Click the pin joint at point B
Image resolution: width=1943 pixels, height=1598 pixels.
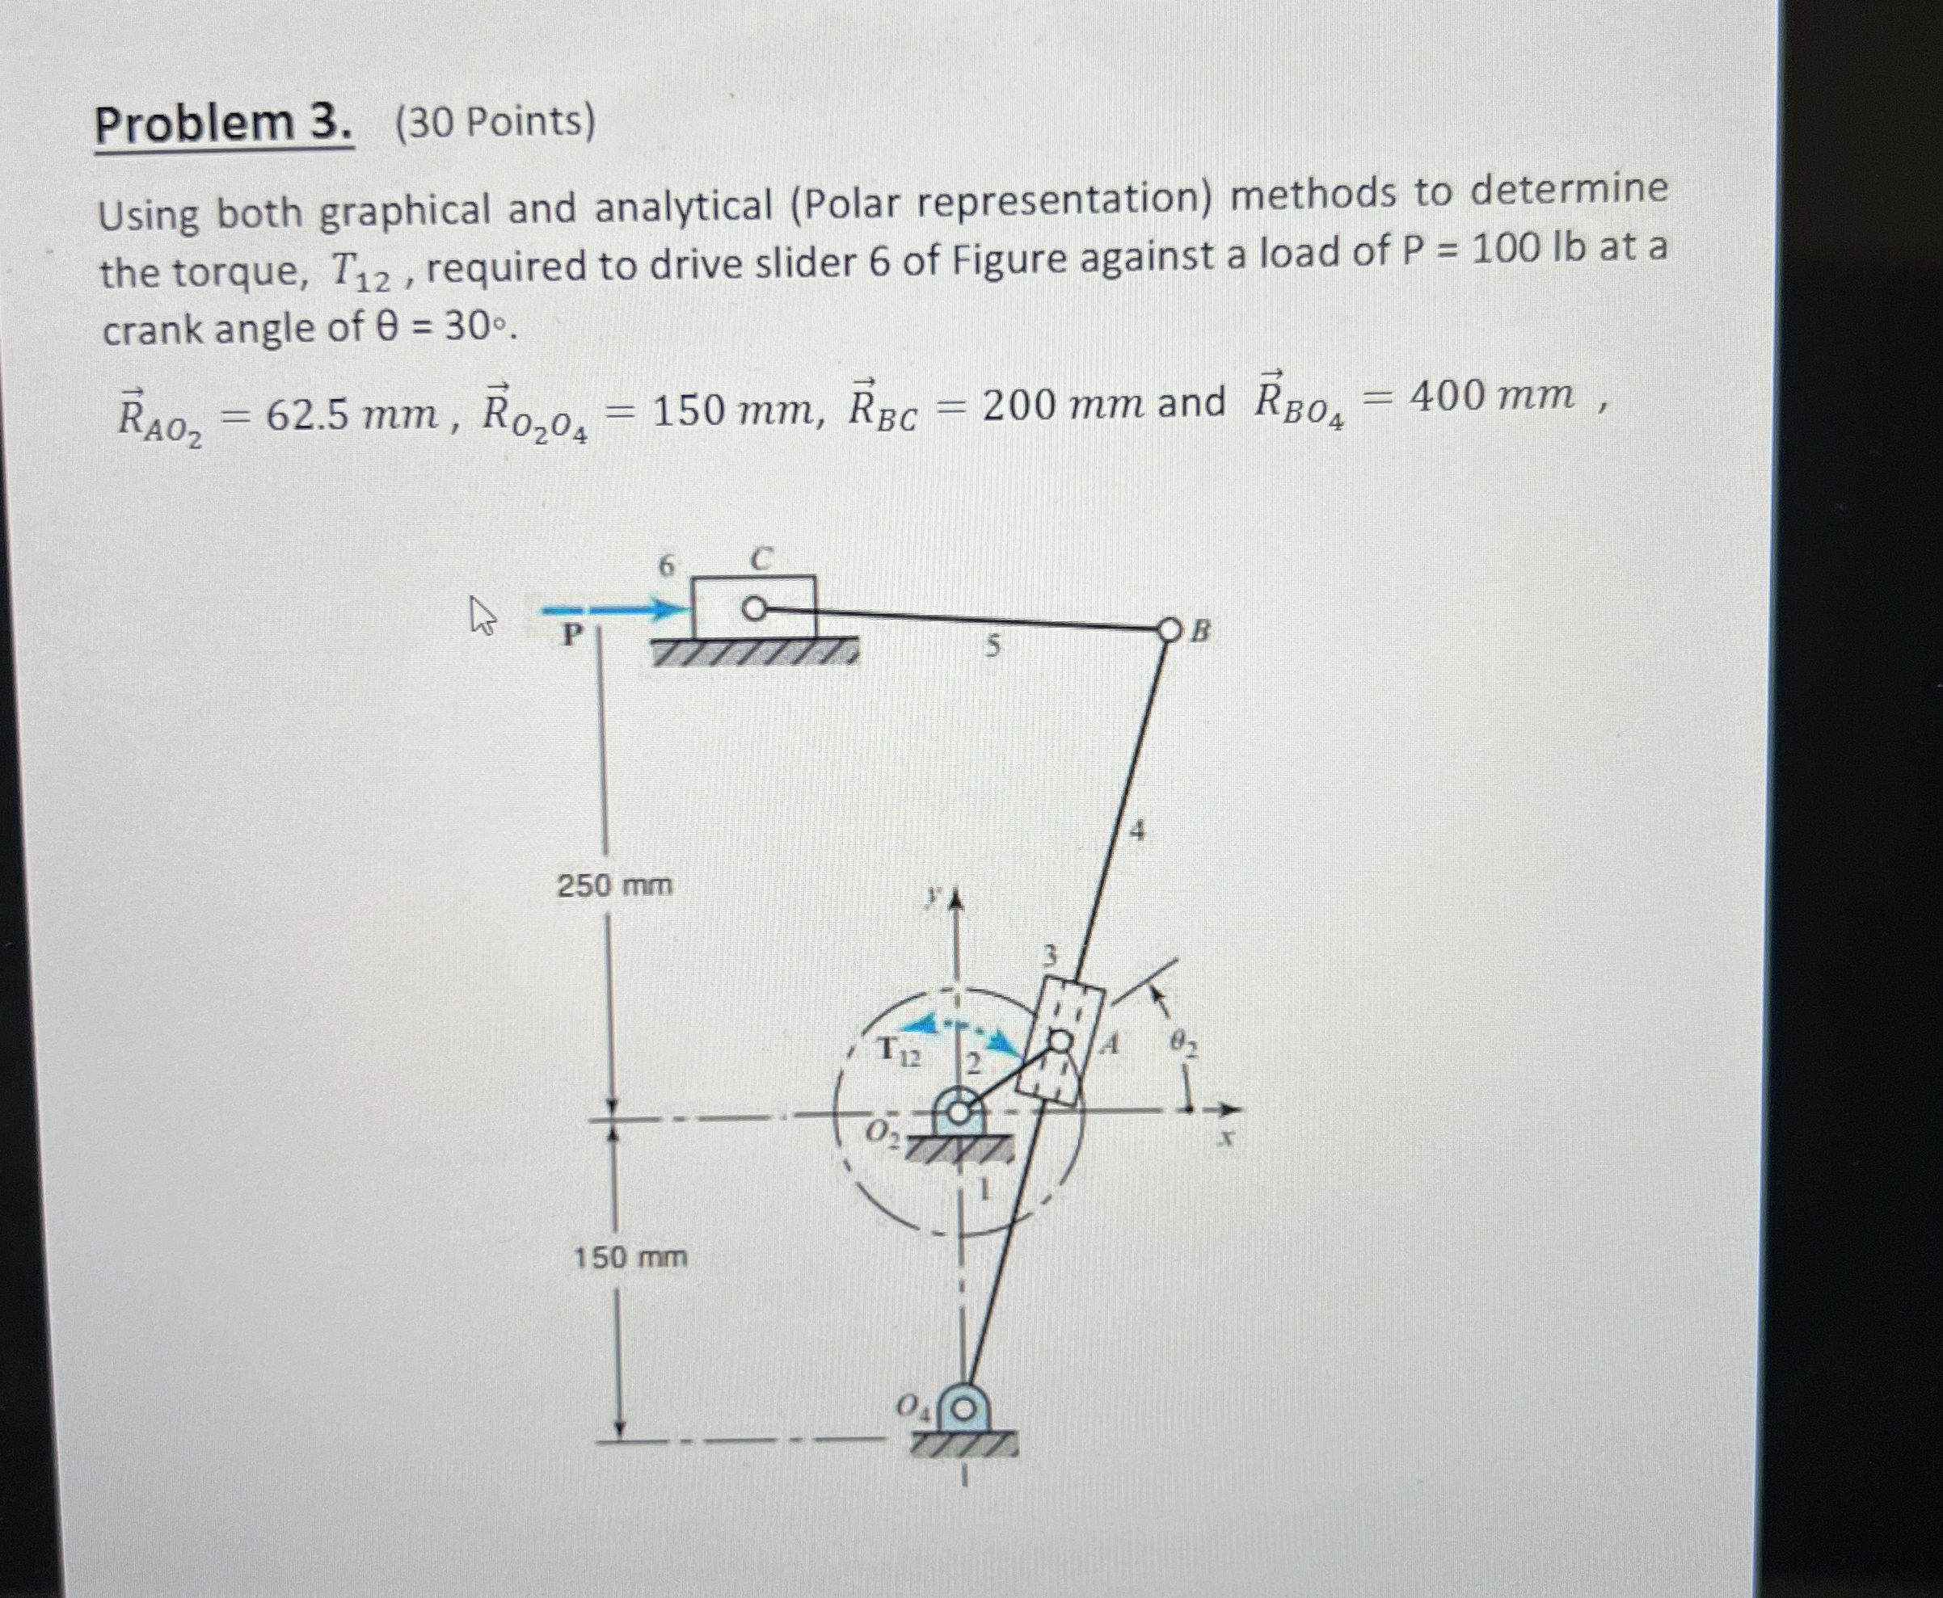click(1169, 630)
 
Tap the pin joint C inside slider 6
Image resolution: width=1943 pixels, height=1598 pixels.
click(753, 608)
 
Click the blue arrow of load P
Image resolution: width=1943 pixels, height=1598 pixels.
click(614, 608)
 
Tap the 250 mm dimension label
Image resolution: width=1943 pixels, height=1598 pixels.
click(614, 885)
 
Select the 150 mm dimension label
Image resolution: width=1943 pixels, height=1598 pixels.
click(630, 1257)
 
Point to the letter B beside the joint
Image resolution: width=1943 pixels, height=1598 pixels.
click(1201, 632)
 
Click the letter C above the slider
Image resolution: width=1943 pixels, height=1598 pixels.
click(761, 557)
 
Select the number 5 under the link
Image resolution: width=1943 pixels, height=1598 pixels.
click(991, 647)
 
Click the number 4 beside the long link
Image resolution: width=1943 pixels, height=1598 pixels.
click(1137, 831)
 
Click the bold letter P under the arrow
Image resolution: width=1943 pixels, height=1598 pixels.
click(573, 634)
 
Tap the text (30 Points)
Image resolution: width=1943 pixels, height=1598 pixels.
click(495, 121)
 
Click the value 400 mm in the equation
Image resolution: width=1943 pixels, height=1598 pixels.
click(1491, 396)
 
